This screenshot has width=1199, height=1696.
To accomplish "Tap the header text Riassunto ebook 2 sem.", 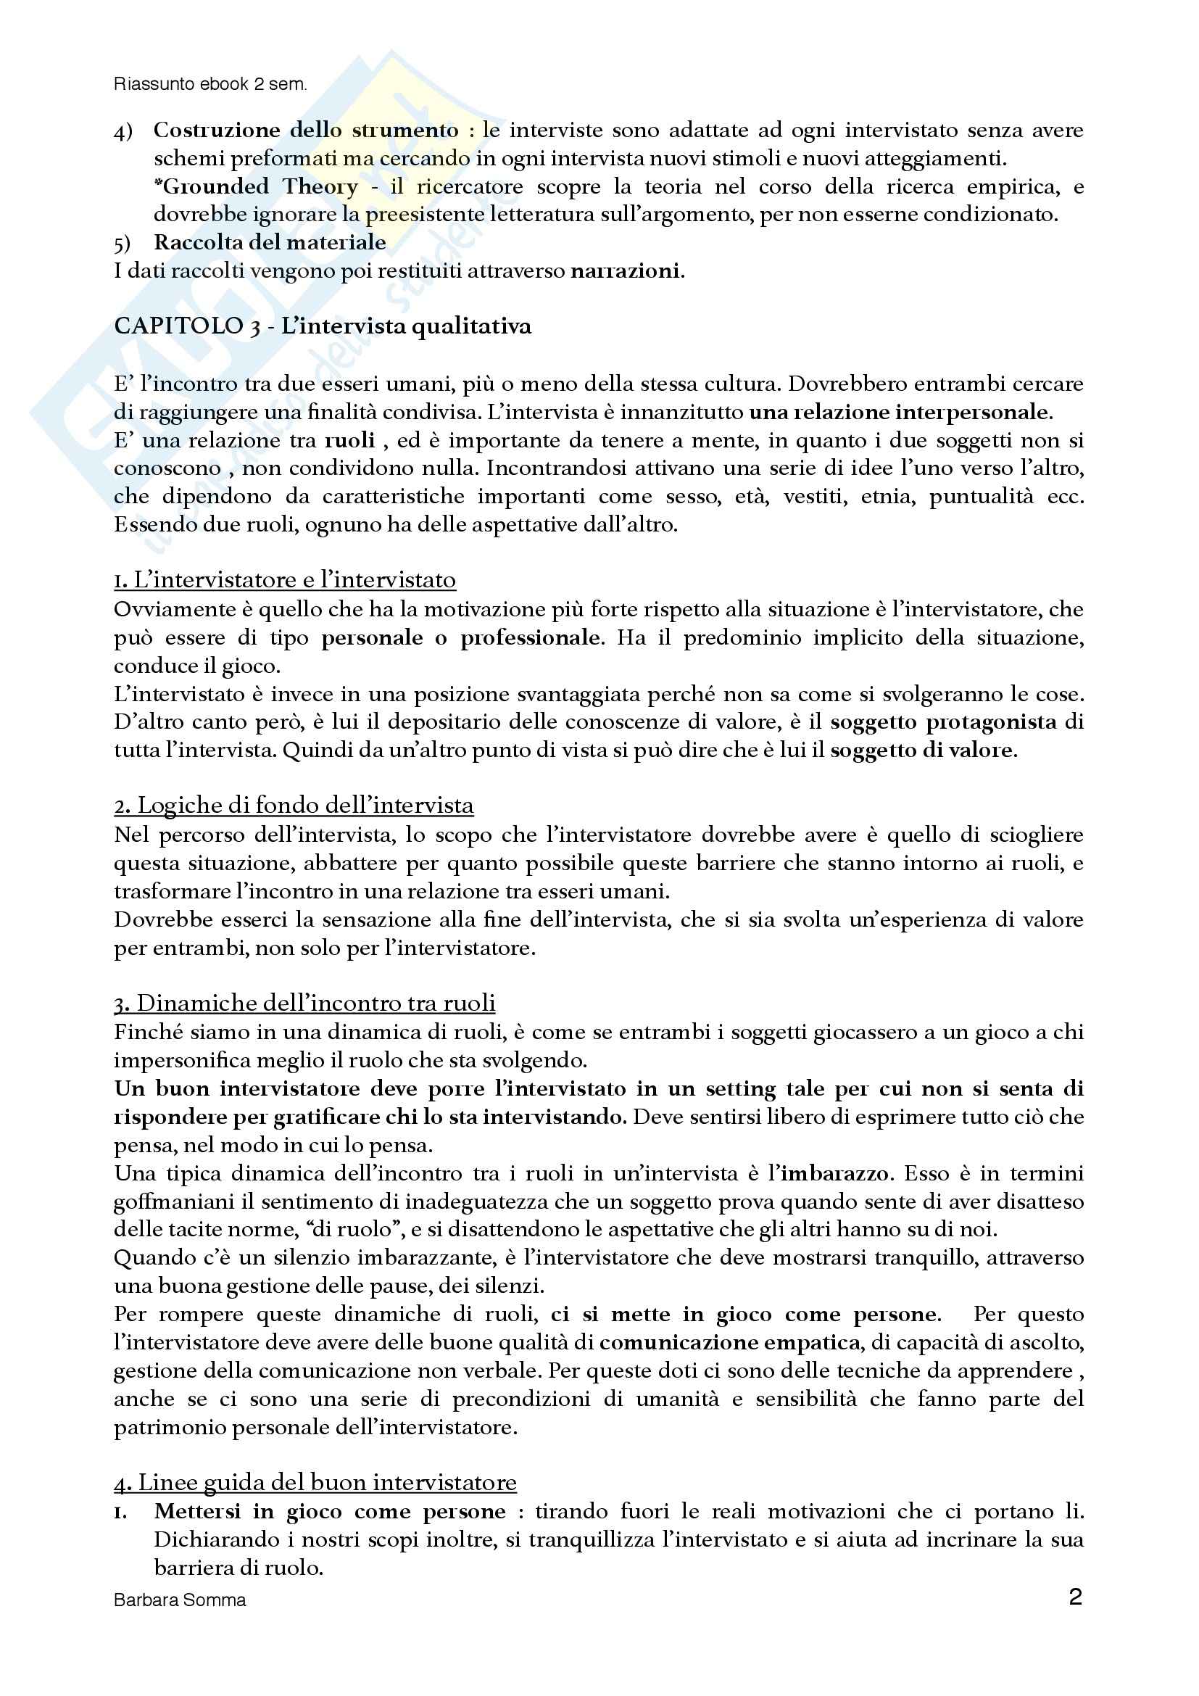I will tap(209, 84).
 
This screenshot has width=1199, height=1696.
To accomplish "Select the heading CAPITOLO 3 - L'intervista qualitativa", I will tap(323, 326).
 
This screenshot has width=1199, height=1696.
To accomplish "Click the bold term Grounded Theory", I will tap(260, 186).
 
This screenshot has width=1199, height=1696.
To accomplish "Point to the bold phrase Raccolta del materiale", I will tap(270, 242).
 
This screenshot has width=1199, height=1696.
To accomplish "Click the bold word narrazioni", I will tap(626, 271).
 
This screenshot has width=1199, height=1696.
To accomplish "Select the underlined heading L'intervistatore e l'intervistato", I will tap(285, 580).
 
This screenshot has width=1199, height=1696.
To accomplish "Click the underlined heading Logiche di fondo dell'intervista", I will tap(294, 805).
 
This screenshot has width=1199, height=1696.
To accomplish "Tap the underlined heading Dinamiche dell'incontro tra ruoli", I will tap(304, 1003).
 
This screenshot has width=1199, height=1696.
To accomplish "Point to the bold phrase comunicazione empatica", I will tap(729, 1341).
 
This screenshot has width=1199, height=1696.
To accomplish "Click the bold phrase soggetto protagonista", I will tap(943, 721).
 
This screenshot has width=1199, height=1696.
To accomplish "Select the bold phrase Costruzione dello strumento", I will tap(306, 130).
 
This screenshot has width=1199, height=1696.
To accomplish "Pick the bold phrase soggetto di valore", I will tap(923, 750).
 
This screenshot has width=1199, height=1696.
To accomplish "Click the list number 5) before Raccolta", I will tap(123, 242).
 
